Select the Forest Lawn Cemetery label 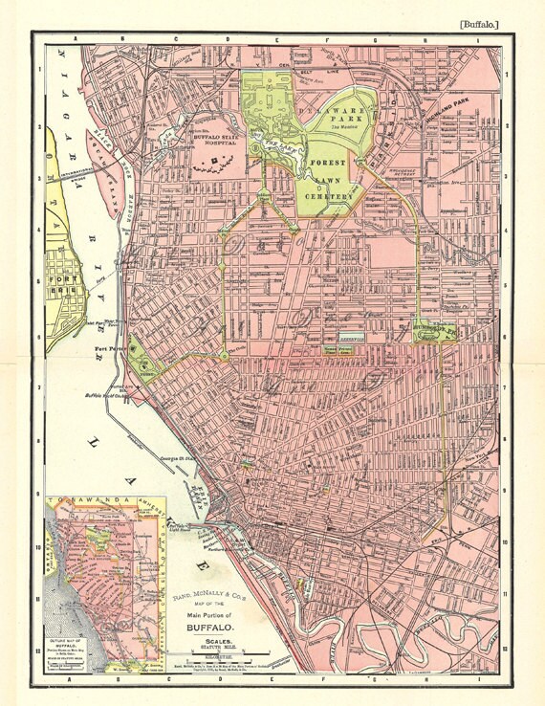coord(331,178)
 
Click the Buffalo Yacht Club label coord(108,393)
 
